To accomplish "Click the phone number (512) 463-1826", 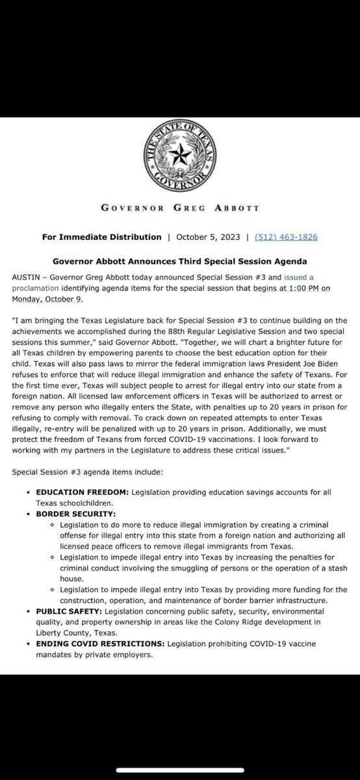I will pyautogui.click(x=286, y=237).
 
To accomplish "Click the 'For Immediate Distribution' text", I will pyautogui.click(x=101, y=237).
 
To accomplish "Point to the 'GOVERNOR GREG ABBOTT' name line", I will pyautogui.click(x=179, y=209).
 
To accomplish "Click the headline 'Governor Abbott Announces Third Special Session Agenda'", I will pyautogui.click(x=180, y=262).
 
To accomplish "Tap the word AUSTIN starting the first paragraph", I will pyautogui.click(x=25, y=276).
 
